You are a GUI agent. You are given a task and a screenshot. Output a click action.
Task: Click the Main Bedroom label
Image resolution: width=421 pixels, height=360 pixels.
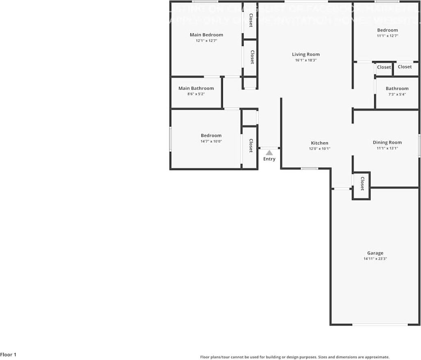206,35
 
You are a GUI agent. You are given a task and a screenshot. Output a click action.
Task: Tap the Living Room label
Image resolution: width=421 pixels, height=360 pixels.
306,55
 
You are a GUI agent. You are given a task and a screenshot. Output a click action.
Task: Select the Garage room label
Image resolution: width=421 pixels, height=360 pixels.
375,253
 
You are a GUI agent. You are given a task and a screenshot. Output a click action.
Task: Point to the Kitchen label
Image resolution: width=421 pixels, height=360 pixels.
320,143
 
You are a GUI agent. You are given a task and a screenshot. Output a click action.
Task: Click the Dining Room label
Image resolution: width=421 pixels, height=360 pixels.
387,142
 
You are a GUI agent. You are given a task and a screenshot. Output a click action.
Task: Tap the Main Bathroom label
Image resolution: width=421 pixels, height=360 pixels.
196,88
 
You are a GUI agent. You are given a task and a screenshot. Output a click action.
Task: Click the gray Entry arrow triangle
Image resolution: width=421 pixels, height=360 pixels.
269,153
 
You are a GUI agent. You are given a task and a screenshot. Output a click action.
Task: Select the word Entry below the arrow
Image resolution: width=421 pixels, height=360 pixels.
269,159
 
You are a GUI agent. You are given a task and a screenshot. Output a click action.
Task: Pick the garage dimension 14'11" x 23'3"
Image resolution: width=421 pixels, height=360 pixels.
375,259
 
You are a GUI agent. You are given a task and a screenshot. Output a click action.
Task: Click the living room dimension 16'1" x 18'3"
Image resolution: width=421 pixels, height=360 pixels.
306,60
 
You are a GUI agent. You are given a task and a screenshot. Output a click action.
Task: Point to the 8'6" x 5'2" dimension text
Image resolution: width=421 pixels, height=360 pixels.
196,94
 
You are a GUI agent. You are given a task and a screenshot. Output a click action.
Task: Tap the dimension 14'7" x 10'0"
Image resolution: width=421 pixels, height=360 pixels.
211,142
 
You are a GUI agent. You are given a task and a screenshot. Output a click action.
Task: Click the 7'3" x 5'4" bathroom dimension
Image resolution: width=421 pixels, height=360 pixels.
397,94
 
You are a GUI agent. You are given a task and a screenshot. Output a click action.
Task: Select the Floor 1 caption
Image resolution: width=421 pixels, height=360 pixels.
8,355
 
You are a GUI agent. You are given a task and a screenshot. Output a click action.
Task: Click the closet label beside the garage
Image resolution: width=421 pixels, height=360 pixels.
362,183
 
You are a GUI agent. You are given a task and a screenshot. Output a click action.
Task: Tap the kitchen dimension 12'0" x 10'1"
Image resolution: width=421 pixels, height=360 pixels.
320,149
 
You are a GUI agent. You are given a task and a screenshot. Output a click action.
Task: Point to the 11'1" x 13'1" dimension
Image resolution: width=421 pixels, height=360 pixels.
387,148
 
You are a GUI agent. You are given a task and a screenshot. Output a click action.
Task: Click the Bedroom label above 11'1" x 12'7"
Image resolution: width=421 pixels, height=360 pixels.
387,30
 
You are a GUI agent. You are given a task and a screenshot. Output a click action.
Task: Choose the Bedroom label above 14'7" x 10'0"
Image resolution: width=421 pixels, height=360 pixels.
211,135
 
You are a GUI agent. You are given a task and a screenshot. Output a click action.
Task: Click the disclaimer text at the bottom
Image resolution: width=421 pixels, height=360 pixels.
294,357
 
